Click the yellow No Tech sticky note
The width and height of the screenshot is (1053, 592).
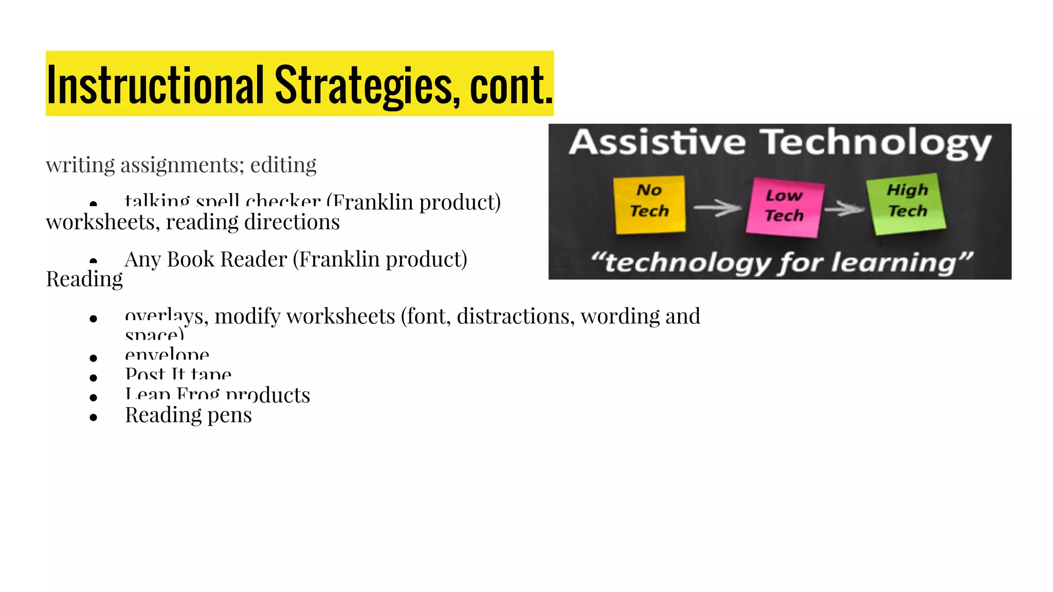pyautogui.click(x=649, y=204)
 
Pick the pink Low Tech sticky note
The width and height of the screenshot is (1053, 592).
pyautogui.click(x=784, y=207)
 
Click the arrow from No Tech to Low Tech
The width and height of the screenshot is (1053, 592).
pyautogui.click(x=717, y=208)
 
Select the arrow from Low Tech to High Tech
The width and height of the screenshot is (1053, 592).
pyautogui.click(x=845, y=209)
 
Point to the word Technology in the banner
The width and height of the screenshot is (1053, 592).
pyautogui.click(x=876, y=144)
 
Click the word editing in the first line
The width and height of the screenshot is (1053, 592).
pyautogui.click(x=283, y=165)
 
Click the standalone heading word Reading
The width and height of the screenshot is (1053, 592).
pyautogui.click(x=84, y=280)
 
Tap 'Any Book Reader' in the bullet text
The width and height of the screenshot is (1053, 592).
pyautogui.click(x=206, y=260)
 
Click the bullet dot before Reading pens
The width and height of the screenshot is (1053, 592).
pyautogui.click(x=93, y=417)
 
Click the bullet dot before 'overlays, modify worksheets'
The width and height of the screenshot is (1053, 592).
pyautogui.click(x=93, y=319)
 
